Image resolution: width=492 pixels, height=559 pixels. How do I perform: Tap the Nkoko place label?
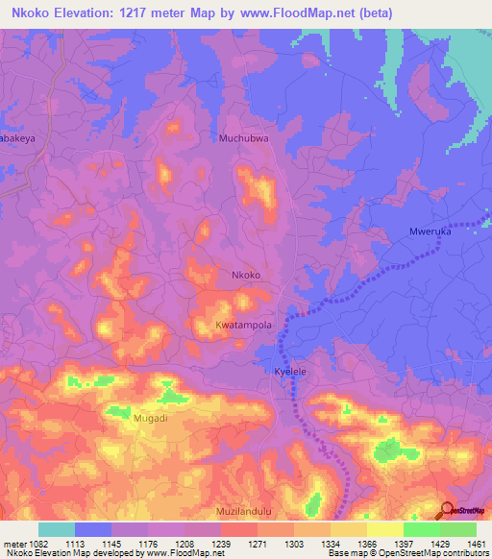(x=246, y=275)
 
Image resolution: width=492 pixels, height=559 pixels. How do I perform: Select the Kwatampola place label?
(x=243, y=325)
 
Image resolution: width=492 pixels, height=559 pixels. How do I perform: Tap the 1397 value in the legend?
(x=405, y=543)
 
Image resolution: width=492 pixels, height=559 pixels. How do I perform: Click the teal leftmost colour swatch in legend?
(x=57, y=529)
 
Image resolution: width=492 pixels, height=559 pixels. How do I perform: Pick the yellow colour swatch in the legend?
(x=384, y=529)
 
